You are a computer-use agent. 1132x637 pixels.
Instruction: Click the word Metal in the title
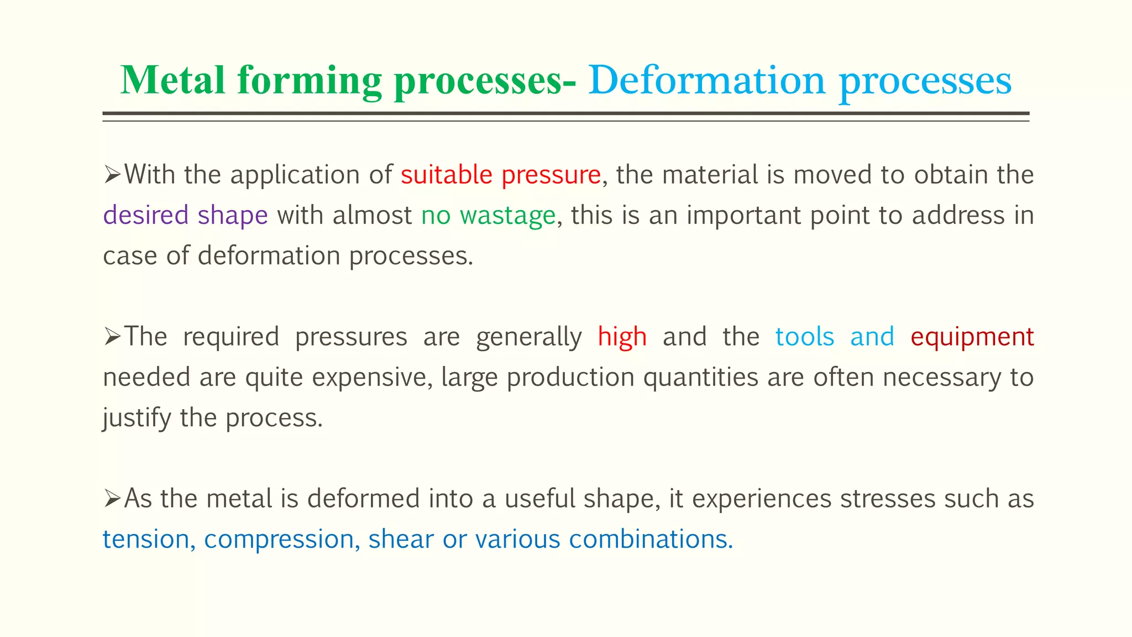click(173, 81)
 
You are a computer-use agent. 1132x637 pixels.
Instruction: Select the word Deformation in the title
click(706, 81)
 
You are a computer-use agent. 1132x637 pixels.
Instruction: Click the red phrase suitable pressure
click(501, 175)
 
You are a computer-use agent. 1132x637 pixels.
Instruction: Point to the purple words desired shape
click(186, 216)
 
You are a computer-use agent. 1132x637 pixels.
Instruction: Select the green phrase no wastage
click(488, 216)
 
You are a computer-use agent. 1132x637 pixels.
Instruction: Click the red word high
click(622, 337)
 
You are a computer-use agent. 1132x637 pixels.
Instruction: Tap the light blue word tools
click(804, 337)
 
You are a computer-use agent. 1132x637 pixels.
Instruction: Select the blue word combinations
click(650, 539)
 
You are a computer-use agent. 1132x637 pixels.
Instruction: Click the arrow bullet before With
click(112, 176)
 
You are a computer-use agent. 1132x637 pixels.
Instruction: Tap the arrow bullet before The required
click(112, 337)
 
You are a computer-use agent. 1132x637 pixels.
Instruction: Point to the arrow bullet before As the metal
click(112, 499)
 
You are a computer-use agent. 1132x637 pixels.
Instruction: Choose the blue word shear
click(401, 539)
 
